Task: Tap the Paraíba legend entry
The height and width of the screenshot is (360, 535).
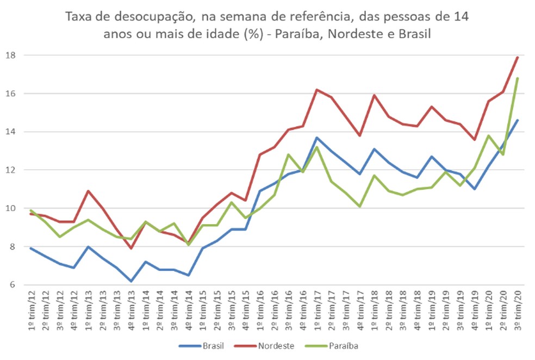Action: click(x=343, y=345)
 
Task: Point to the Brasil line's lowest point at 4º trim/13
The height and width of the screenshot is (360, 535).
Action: click(x=130, y=281)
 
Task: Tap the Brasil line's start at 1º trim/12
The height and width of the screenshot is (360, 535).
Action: click(x=32, y=249)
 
